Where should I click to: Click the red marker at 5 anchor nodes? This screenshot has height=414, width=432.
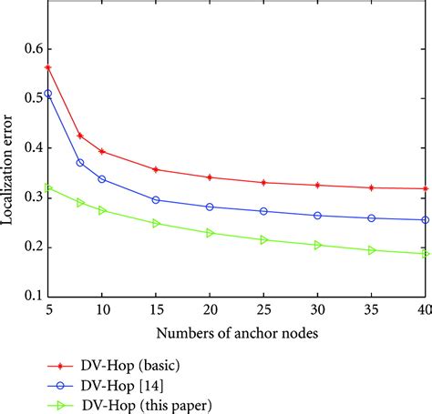tap(48, 67)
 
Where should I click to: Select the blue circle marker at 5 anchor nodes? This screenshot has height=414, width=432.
tap(48, 94)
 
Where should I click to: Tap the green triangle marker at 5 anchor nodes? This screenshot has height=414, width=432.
tap(48, 188)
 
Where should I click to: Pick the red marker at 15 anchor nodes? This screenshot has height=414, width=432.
tap(156, 169)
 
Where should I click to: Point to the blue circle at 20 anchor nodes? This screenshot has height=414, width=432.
tap(210, 207)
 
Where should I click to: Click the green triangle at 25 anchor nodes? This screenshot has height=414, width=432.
tap(263, 239)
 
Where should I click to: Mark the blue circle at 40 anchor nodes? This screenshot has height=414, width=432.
tap(426, 219)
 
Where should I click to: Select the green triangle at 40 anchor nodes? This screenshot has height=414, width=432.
tap(426, 253)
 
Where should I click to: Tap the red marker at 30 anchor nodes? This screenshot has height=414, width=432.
tap(317, 185)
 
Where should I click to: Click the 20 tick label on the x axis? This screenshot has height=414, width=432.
tap(210, 285)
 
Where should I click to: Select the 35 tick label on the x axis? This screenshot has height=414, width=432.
tap(371, 285)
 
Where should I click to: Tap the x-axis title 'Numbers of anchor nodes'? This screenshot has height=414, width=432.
tap(236, 309)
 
